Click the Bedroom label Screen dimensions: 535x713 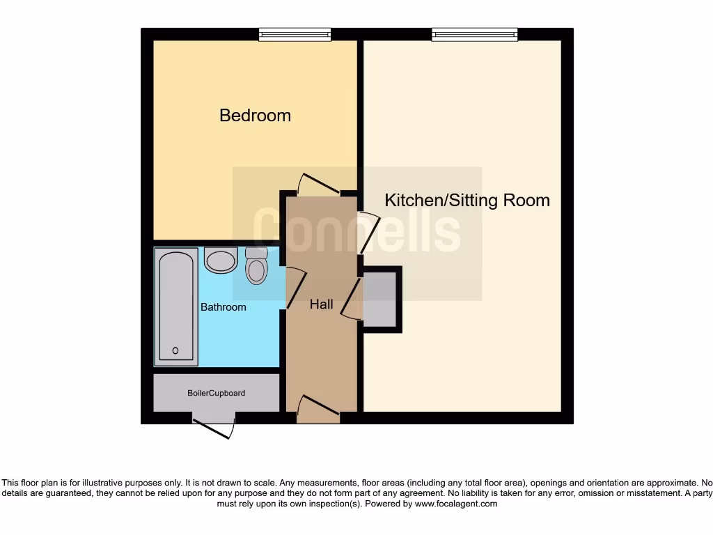click(255, 115)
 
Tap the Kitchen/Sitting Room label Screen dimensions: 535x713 click(467, 201)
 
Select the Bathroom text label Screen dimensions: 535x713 click(224, 307)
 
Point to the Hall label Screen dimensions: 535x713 click(321, 304)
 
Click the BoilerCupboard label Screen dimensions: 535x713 click(216, 393)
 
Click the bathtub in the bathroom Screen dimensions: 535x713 click(175, 307)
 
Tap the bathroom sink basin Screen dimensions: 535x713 click(221, 261)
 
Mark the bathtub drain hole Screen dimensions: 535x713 click(175, 350)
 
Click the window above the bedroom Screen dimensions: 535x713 click(295, 34)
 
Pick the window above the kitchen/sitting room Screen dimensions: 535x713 click(474, 34)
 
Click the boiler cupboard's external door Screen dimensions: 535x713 click(214, 426)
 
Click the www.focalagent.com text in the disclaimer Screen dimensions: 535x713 click(456, 504)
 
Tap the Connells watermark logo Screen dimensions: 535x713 click(356, 230)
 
